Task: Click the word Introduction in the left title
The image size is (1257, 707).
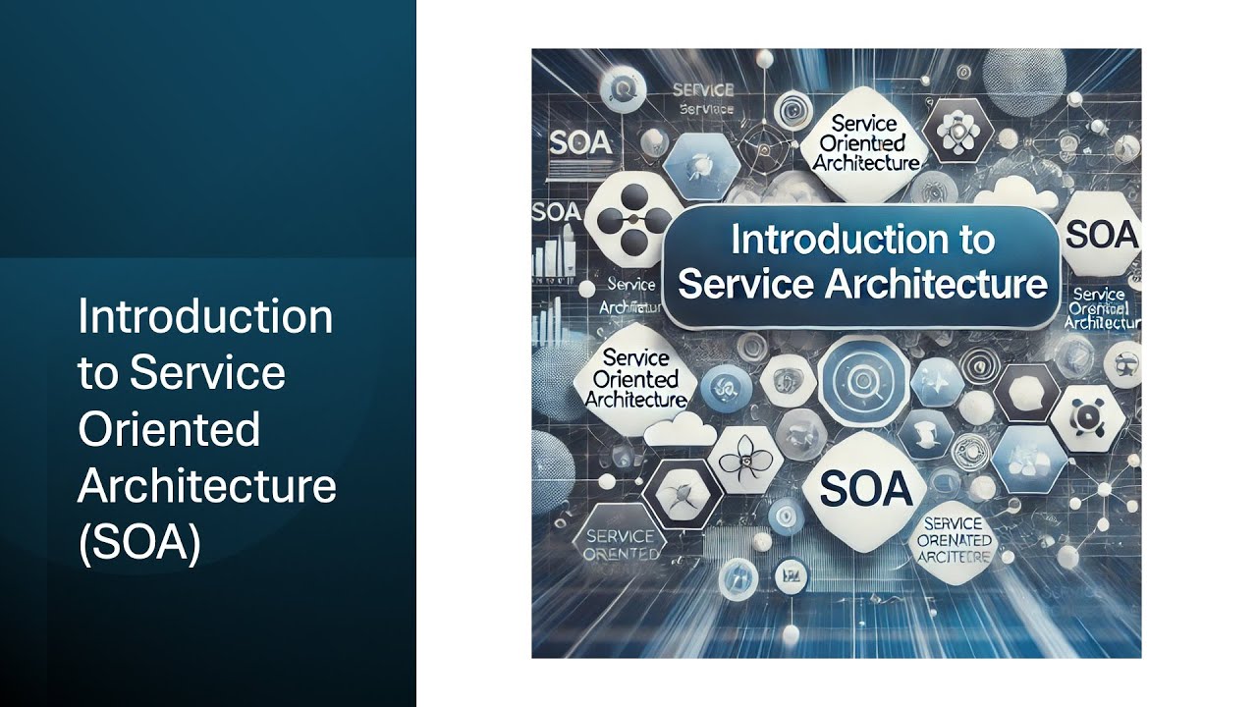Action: pos(205,317)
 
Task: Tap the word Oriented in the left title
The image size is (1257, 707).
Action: pos(169,429)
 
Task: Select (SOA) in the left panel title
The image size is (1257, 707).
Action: pos(139,543)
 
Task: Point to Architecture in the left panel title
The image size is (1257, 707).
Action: pos(206,486)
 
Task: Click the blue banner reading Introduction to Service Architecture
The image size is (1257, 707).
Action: pos(862,262)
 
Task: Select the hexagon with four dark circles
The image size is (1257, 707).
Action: pos(623,218)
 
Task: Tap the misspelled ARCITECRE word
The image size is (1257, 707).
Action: pos(956,557)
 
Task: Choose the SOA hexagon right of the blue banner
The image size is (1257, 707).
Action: pos(1100,236)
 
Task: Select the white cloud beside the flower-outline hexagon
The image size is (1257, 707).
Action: pos(685,427)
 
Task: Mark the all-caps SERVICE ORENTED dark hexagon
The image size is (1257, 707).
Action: pos(620,544)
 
